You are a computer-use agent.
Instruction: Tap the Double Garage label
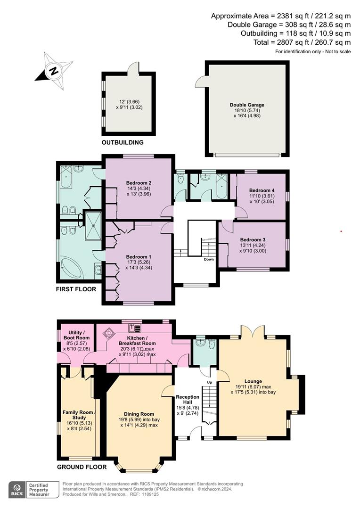click(x=247, y=105)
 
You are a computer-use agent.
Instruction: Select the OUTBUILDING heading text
click(x=123, y=142)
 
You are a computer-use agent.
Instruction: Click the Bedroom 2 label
click(x=138, y=182)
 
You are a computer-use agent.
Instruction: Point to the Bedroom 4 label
click(x=261, y=190)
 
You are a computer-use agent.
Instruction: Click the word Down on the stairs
click(x=209, y=260)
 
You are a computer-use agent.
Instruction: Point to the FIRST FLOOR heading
click(x=76, y=289)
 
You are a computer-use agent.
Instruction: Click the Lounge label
click(x=253, y=381)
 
